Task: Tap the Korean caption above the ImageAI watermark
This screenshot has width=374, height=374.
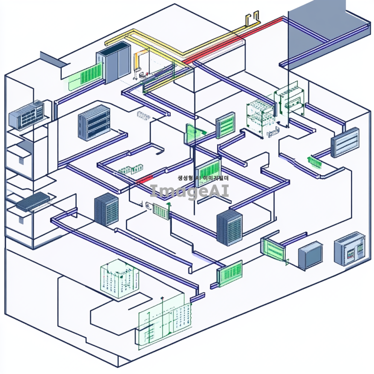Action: (203, 178)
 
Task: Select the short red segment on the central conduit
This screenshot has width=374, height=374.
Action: (145, 179)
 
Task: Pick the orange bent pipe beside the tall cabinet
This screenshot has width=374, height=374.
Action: (136, 61)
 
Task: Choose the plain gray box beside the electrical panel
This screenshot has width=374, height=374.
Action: (310, 255)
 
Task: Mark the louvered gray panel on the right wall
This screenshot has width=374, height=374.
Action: (345, 142)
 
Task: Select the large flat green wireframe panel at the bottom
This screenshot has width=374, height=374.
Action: (166, 321)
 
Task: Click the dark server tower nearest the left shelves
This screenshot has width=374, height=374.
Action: (107, 209)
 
